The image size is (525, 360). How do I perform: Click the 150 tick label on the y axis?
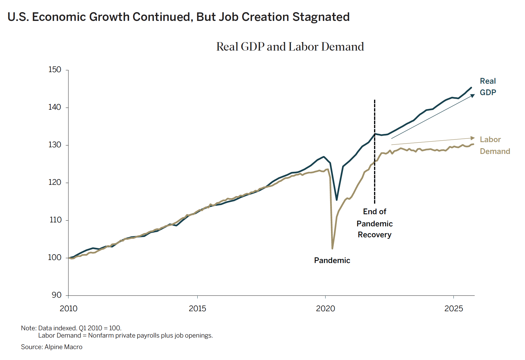[55, 70]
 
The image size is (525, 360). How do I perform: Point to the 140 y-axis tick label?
[55, 107]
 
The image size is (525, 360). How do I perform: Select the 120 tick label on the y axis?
[55, 182]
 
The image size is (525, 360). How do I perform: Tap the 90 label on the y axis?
[56, 295]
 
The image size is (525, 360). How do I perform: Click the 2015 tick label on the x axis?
[197, 308]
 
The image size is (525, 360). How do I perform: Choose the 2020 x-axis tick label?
[325, 308]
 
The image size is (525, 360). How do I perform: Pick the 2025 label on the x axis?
[453, 308]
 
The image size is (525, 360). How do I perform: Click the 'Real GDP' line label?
[488, 87]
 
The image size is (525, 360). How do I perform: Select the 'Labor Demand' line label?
[495, 145]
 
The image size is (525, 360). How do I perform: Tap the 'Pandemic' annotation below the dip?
[332, 261]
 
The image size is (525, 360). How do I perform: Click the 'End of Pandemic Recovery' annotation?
[374, 223]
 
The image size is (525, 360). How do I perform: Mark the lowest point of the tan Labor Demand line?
[333, 248]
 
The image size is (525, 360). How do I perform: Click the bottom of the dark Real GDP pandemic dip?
[336, 200]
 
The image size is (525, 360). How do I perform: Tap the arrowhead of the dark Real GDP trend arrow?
[473, 95]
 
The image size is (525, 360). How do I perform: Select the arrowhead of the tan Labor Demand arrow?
[473, 138]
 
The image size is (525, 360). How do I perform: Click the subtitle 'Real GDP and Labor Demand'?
[290, 47]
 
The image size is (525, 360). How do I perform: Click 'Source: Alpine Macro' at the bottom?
[52, 347]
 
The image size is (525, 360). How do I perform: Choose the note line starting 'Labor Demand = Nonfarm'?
[125, 335]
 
